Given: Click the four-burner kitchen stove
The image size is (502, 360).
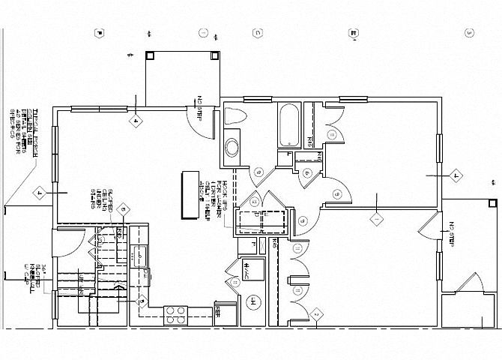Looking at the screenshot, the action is pos(175,315).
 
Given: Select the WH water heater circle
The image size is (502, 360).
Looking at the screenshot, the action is pos(254,304).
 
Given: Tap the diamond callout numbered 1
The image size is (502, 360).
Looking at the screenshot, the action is pos(377,220).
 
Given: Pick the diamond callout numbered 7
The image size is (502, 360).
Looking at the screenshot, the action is pos(456,177).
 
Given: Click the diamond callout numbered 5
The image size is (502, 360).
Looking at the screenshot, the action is pos(125,209).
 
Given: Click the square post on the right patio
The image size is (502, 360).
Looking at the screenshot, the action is pos(491,202).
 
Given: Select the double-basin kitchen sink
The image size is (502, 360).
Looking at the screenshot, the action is pos(140,255).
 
